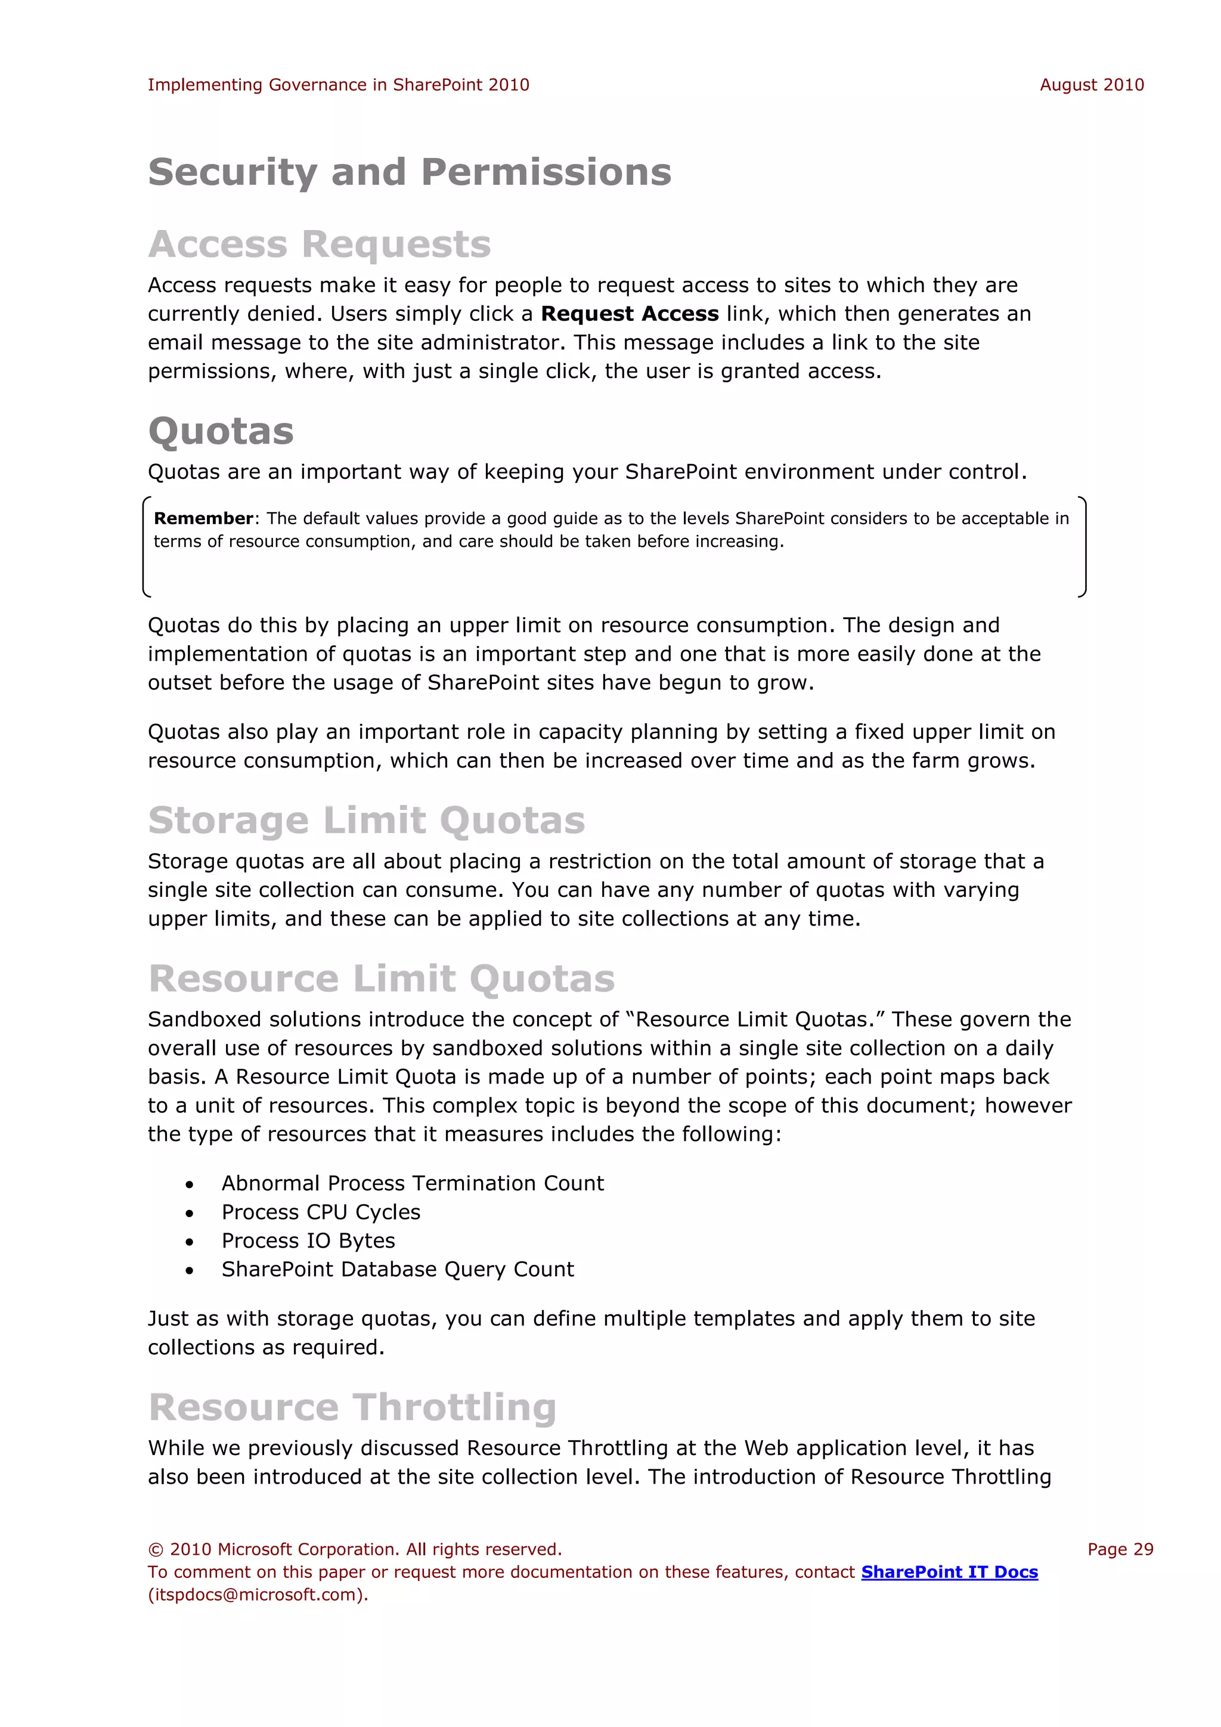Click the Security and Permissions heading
point(409,172)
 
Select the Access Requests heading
point(320,244)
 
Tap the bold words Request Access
point(630,314)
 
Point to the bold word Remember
point(203,518)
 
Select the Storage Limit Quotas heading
point(366,820)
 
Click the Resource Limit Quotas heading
point(381,979)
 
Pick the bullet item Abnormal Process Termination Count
point(412,1184)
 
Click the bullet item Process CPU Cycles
point(320,1212)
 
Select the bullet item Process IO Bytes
point(308,1241)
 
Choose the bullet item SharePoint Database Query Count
point(397,1270)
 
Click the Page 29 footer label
point(1120,1549)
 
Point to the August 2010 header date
point(1091,85)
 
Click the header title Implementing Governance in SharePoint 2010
point(338,85)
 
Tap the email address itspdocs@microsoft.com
point(256,1595)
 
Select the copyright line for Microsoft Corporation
point(355,1549)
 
